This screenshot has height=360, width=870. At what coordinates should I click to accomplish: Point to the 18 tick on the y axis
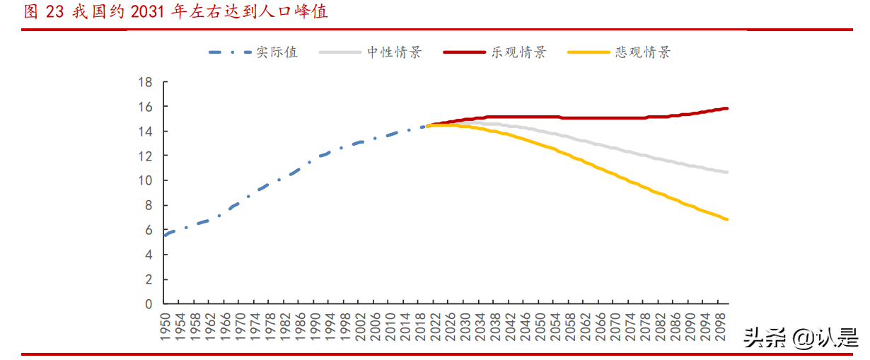(x=145, y=82)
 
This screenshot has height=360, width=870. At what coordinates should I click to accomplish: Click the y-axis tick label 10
(x=145, y=180)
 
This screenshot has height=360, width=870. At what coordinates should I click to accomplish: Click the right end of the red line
(x=727, y=108)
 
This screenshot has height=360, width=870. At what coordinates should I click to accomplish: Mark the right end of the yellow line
(x=727, y=219)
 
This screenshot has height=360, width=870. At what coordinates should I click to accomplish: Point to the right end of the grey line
(x=727, y=173)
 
